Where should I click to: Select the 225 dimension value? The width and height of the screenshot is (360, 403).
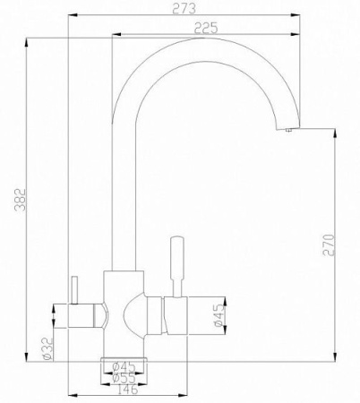coord(207,29)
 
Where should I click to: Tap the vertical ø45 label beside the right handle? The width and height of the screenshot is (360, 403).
coord(220,315)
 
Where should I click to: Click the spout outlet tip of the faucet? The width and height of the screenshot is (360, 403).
coord(288,131)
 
